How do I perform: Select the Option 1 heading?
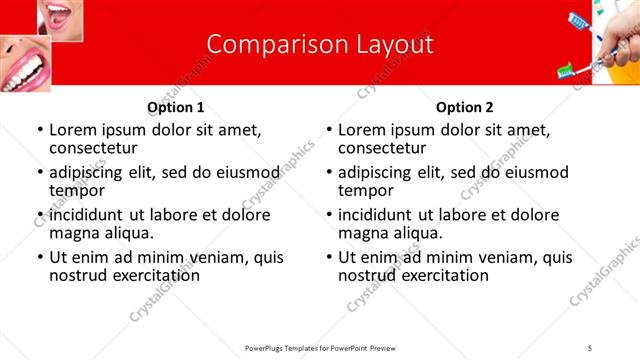[x=176, y=107]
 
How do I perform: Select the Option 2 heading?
[x=464, y=107]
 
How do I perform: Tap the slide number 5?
[x=590, y=346]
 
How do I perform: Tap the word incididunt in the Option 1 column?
[x=88, y=215]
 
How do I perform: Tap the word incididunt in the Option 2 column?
[x=377, y=215]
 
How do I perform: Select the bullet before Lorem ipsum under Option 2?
[x=329, y=131]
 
